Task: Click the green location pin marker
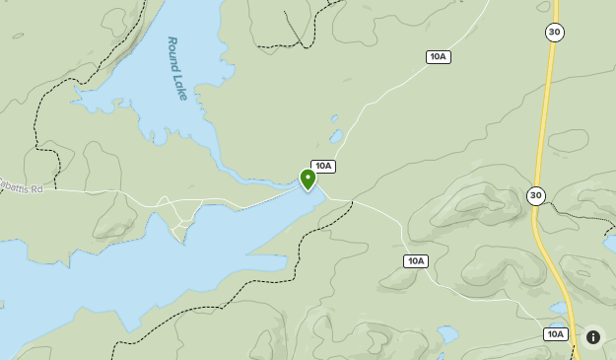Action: click(x=308, y=179)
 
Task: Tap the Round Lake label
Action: click(x=177, y=68)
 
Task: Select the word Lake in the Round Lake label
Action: click(x=180, y=85)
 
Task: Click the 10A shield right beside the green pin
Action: click(x=323, y=167)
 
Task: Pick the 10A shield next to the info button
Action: click(x=555, y=334)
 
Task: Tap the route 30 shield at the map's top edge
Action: click(x=554, y=33)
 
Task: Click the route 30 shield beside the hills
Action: click(x=535, y=195)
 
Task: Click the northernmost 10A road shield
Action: click(x=439, y=57)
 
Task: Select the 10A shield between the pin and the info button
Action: click(x=415, y=261)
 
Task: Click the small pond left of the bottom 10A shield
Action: click(x=448, y=334)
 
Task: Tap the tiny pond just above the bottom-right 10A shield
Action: click(x=560, y=309)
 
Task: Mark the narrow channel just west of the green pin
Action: click(x=266, y=180)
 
